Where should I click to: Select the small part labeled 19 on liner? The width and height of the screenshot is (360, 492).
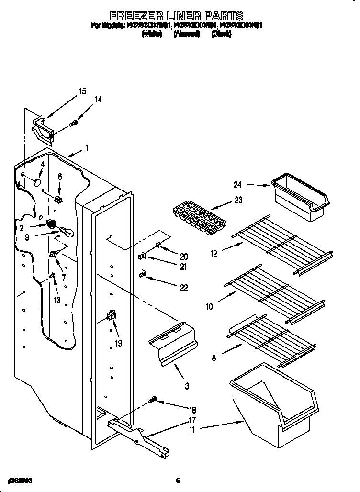coord(112,315)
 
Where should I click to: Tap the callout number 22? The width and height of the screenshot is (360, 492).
coord(182,288)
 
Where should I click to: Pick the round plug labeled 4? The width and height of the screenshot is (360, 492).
coord(37,182)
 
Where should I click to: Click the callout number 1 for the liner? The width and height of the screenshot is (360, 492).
coord(87,149)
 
